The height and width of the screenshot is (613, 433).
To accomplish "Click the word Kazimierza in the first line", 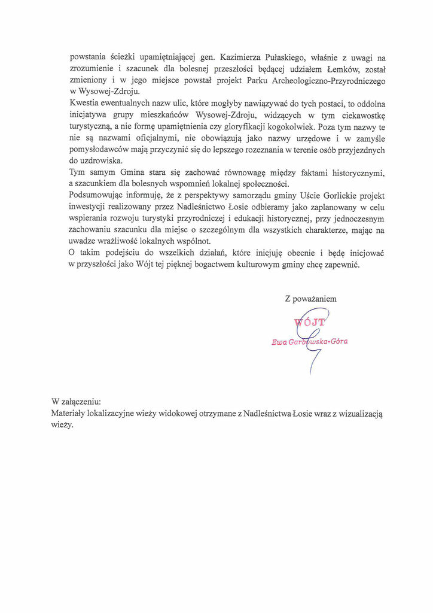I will [241, 58].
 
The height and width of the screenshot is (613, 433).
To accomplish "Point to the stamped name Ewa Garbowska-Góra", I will [309, 342].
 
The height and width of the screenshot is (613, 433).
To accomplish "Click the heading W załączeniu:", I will [76, 401].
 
